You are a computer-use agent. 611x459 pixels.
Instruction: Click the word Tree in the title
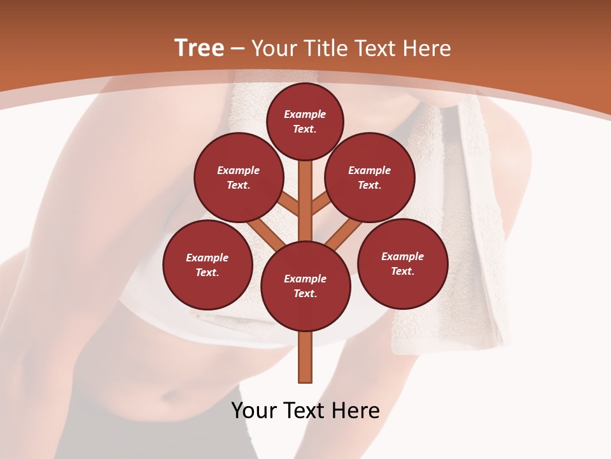[x=199, y=48]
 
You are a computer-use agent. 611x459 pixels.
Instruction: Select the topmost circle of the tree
[x=305, y=121]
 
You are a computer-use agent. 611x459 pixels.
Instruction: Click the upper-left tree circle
[x=239, y=177]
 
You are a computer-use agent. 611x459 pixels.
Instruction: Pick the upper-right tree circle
[x=370, y=177]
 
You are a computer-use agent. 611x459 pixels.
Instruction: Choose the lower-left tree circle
[x=207, y=265]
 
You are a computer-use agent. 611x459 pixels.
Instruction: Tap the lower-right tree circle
[x=402, y=263]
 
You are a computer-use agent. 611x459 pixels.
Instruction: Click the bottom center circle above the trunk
[x=305, y=286]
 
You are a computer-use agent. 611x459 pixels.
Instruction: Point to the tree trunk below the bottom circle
[x=305, y=357]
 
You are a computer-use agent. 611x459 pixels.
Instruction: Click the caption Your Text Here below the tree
[x=305, y=411]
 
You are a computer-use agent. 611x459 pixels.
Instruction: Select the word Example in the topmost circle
[x=305, y=114]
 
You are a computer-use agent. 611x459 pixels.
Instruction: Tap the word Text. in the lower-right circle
[x=402, y=271]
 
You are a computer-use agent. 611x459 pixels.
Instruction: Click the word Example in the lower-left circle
[x=207, y=258]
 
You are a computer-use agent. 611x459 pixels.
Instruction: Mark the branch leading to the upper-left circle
[x=289, y=203]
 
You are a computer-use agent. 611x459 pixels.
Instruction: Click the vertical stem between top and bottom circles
[x=305, y=198]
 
